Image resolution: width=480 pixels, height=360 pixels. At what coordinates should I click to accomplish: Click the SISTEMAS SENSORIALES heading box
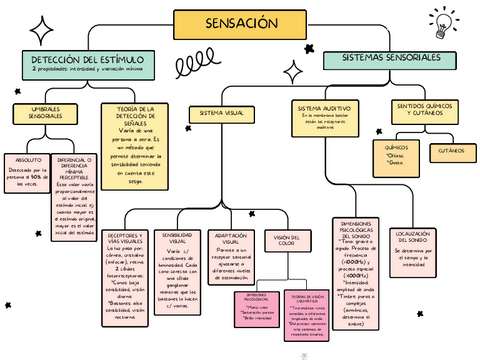[394, 60]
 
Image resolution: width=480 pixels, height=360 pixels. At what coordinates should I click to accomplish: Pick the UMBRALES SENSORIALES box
[46, 113]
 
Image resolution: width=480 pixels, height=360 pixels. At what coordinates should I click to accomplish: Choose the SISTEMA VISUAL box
[221, 113]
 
